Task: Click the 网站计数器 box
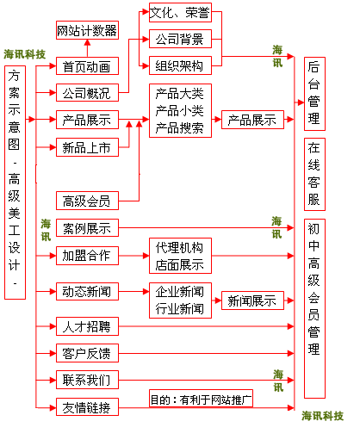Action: [86, 32]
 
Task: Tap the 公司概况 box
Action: [86, 93]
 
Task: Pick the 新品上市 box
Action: [86, 148]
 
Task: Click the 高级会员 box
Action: [86, 201]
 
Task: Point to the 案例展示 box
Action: [86, 228]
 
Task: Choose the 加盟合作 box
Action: [86, 255]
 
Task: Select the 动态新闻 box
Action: [86, 291]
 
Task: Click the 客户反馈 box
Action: [86, 353]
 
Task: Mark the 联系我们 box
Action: [86, 380]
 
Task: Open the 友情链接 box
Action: [86, 407]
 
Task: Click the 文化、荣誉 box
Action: [179, 15]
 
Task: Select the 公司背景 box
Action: [179, 40]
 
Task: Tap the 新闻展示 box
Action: [251, 300]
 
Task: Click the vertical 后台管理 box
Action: [314, 94]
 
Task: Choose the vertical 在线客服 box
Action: [314, 174]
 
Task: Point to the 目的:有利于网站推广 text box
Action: [201, 400]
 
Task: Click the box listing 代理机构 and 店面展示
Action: [179, 256]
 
